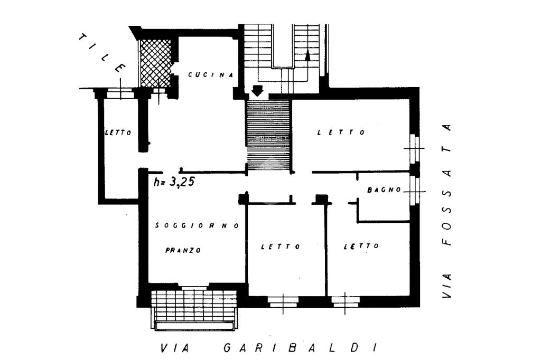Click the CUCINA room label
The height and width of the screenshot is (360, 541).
[211, 75]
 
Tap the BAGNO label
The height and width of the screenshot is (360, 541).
[384, 190]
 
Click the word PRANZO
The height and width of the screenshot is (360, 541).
[183, 251]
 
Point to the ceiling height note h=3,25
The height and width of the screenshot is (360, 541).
[174, 183]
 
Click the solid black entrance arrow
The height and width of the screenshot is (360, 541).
[258, 91]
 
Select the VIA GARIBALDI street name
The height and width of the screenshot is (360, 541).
[270, 348]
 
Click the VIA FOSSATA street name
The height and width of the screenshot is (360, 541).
[447, 212]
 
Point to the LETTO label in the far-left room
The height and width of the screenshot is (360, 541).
[118, 132]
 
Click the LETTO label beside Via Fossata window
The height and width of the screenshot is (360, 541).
[341, 132]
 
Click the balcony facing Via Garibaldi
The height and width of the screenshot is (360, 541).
[194, 309]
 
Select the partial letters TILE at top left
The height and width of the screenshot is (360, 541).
[102, 53]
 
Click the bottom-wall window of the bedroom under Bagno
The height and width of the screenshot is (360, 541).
[346, 302]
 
